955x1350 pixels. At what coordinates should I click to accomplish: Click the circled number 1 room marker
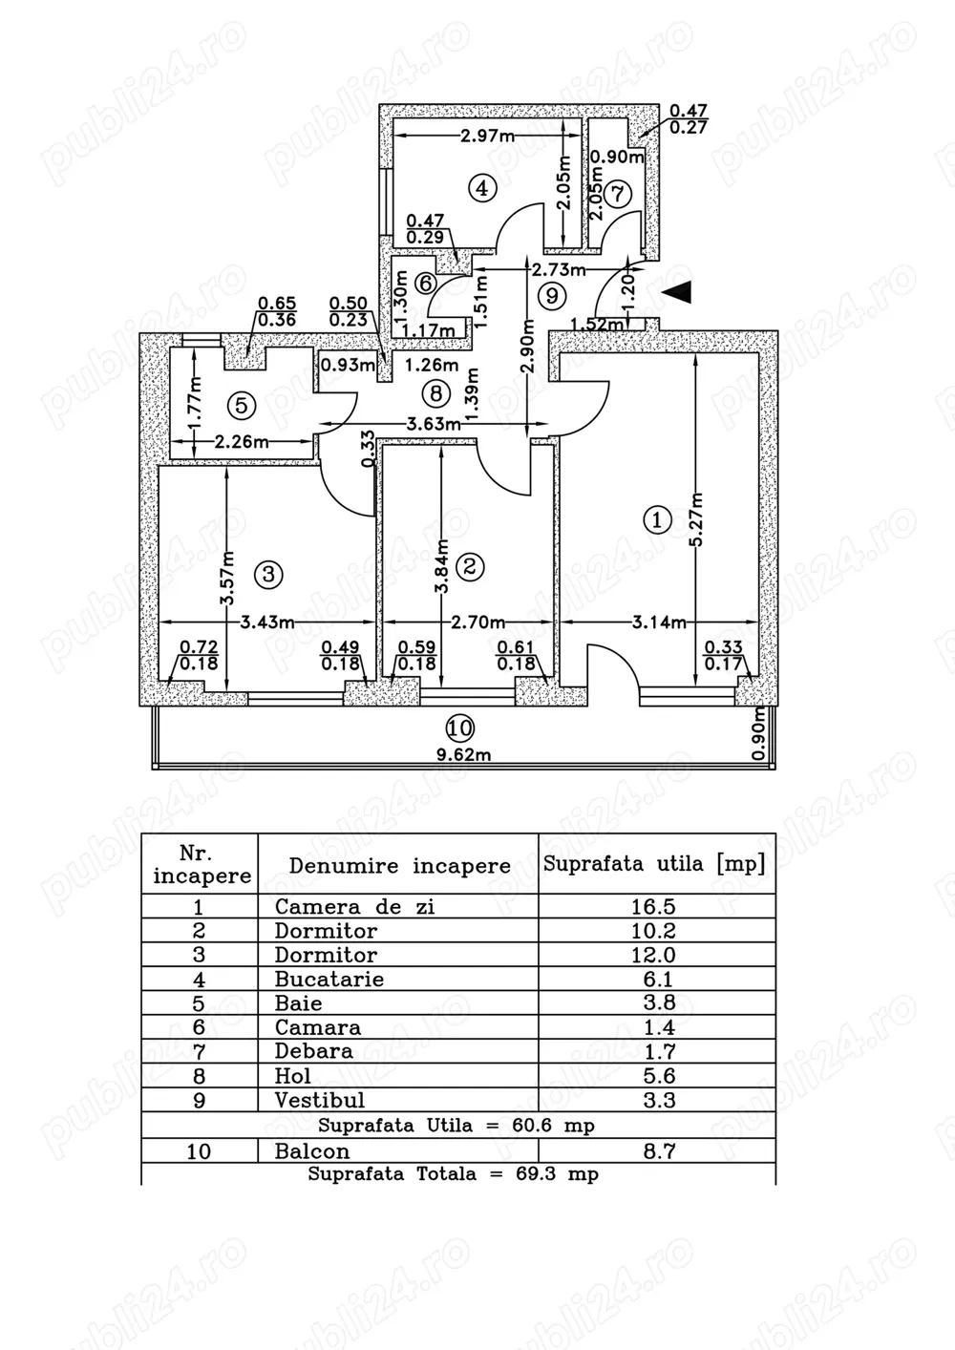coord(657,520)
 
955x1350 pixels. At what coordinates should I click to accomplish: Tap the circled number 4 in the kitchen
coord(482,188)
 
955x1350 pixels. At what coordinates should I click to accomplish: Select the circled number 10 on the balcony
coord(459,729)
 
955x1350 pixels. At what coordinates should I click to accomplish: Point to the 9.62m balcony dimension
coord(464,755)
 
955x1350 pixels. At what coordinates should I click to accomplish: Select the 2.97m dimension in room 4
coord(487,136)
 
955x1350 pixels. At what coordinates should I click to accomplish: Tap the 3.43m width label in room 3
coord(266,622)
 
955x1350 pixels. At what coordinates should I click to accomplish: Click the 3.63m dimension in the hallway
coord(427,425)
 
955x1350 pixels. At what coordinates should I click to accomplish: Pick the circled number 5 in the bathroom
coord(241,405)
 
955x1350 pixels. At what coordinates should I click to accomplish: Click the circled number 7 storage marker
coord(618,193)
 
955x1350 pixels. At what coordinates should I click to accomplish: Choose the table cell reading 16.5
coord(653,906)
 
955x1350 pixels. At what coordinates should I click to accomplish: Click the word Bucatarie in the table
coord(329,979)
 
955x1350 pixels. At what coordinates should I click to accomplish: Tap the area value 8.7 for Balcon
coord(659,1151)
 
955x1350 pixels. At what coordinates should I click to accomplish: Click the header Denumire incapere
coord(399,866)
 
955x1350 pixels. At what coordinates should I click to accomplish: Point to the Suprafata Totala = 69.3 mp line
coord(453,1174)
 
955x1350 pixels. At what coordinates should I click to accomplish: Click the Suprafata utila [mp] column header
coord(654,864)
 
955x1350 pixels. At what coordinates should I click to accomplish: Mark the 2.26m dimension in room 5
coord(241,442)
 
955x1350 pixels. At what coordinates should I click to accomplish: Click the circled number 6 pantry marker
coord(426,284)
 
